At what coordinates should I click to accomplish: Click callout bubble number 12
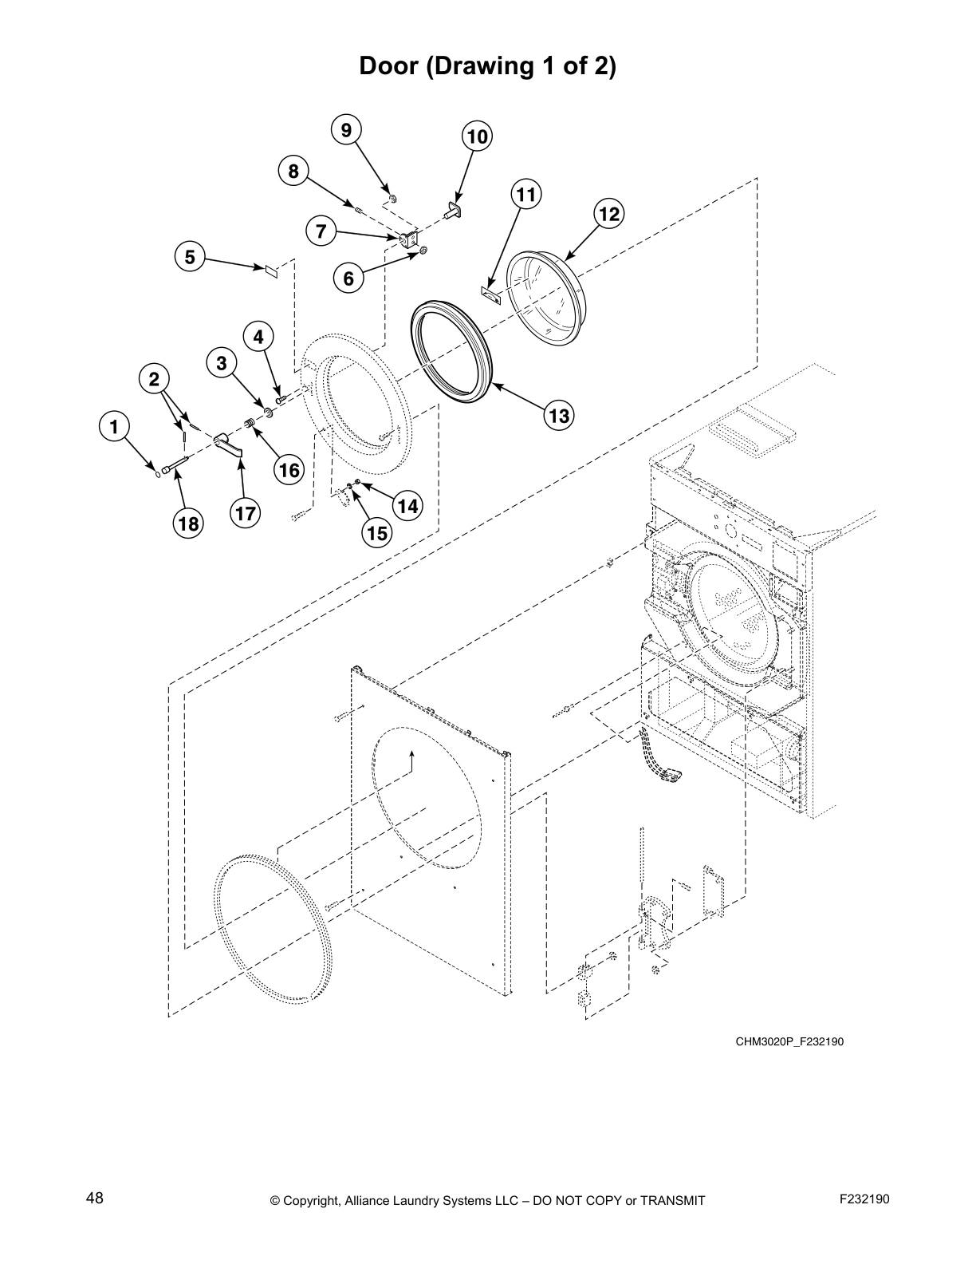tap(608, 214)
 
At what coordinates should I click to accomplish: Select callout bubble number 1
tap(115, 426)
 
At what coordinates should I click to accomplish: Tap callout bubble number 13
tap(559, 416)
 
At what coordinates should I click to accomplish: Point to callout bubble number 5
tap(190, 257)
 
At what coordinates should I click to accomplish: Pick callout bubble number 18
tap(189, 523)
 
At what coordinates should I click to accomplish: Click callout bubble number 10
tap(477, 136)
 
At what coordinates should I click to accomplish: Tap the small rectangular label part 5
tap(271, 271)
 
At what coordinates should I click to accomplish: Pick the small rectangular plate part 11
tap(489, 294)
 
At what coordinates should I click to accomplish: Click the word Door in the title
tap(390, 66)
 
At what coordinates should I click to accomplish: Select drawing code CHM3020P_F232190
tap(789, 1041)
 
